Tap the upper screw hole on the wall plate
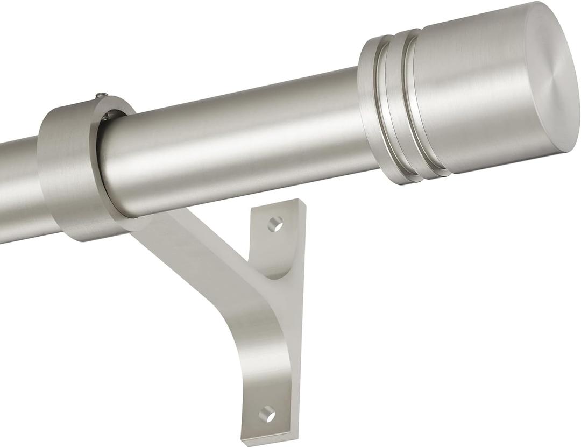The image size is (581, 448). pyautogui.click(x=275, y=224)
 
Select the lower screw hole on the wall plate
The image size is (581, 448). pyautogui.click(x=267, y=414)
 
